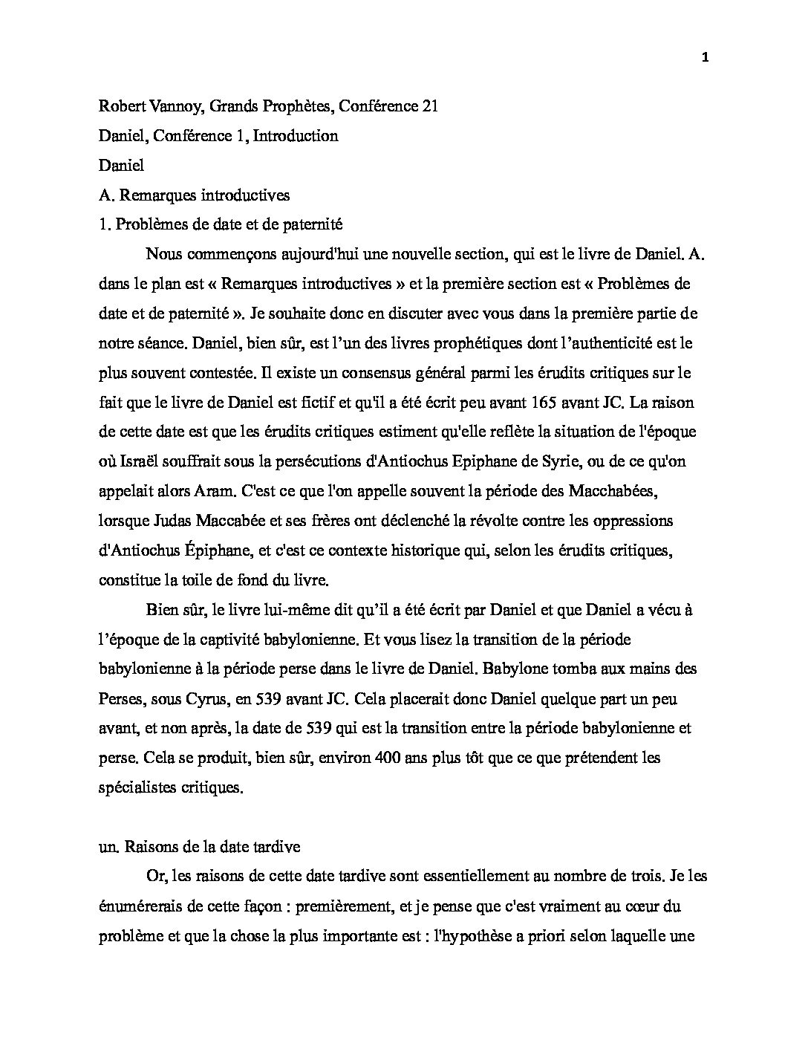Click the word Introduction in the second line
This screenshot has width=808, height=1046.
coord(296,136)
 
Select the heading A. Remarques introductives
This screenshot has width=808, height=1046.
coord(194,195)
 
